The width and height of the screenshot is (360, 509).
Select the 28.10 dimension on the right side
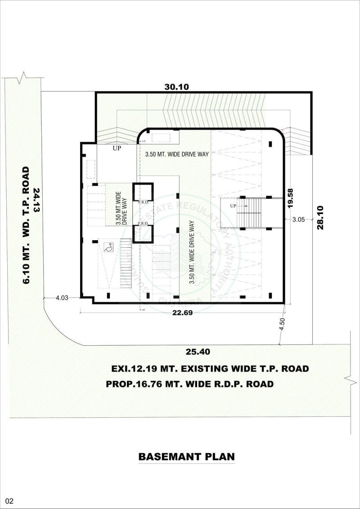320,218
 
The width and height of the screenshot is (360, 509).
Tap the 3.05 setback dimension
299,219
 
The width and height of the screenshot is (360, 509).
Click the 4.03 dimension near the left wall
62,298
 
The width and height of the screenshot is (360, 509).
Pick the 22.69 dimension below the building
182,313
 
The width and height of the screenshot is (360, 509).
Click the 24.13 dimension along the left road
36,200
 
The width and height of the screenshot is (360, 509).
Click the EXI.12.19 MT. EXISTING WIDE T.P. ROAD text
210,369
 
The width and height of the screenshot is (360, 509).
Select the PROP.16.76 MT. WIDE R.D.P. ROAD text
189,384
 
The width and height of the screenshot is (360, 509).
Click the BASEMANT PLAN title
186,457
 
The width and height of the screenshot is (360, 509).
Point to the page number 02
9,501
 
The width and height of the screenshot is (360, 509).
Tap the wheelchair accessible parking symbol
108,247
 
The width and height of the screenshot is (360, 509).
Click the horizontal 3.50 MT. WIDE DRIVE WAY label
177,154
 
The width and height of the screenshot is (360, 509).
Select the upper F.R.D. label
143,202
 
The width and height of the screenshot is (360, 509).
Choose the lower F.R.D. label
143,223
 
